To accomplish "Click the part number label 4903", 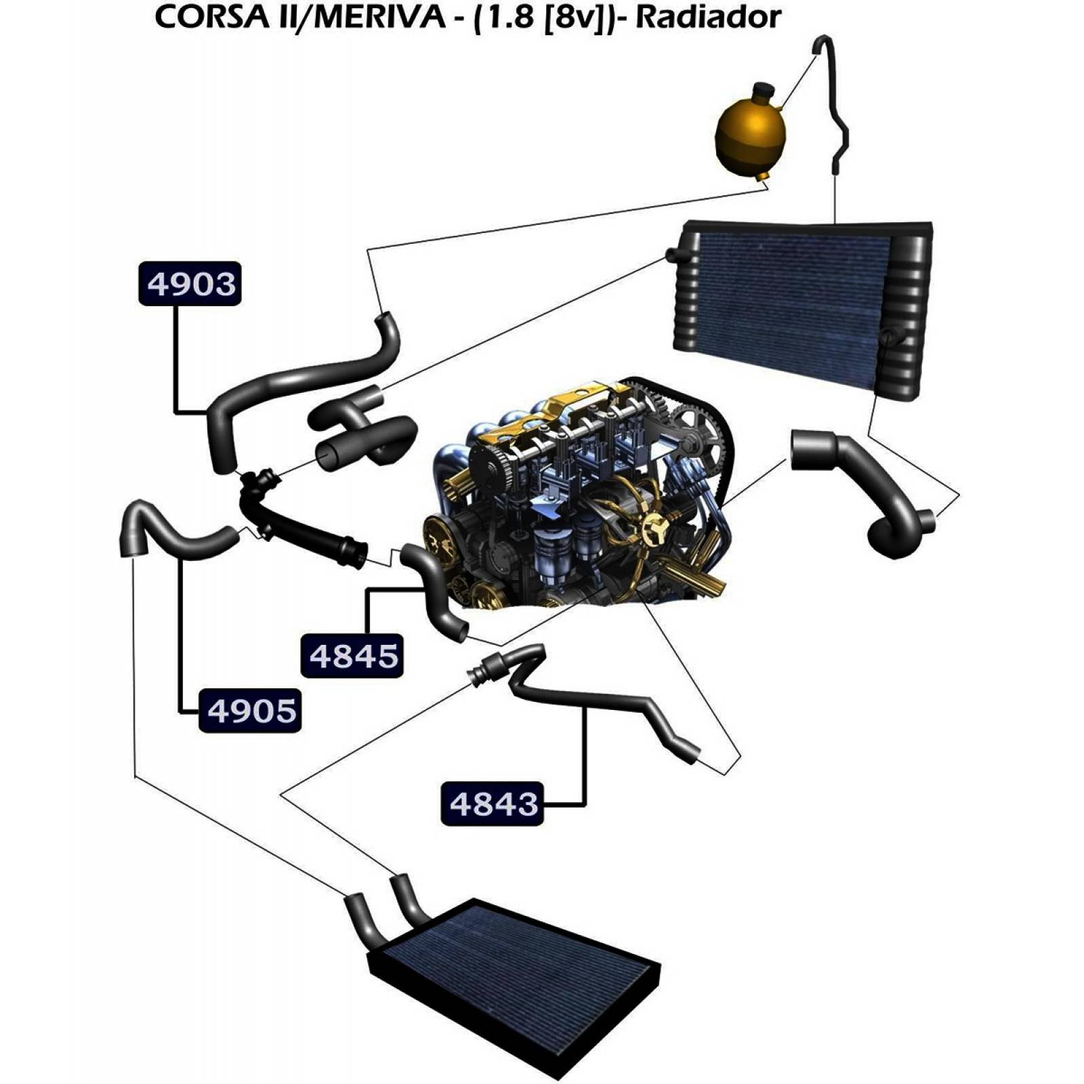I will tap(190, 283).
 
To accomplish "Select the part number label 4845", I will tap(352, 655).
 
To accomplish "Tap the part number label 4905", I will tap(250, 711).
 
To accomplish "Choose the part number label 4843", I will tap(493, 804).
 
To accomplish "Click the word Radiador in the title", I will tap(708, 18).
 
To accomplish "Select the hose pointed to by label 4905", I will tap(169, 535).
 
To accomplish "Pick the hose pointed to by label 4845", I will tap(434, 589).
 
